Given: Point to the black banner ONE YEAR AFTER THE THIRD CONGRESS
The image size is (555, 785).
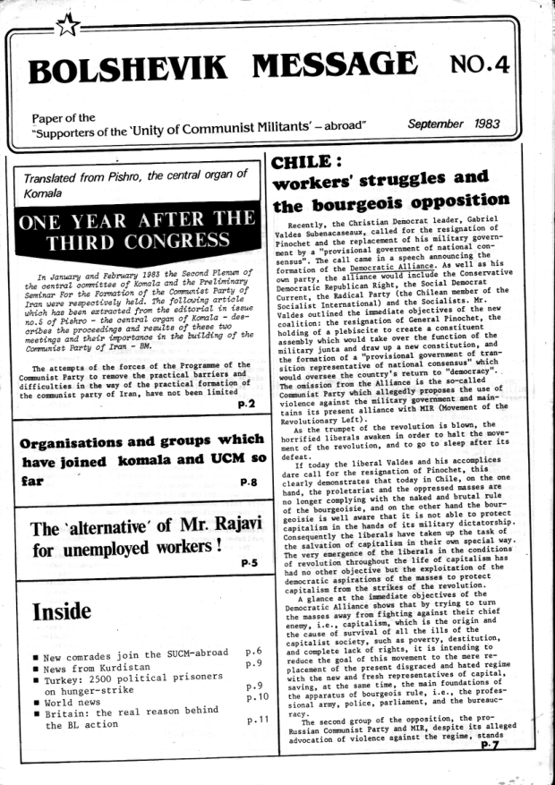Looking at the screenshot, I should click(x=139, y=228).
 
